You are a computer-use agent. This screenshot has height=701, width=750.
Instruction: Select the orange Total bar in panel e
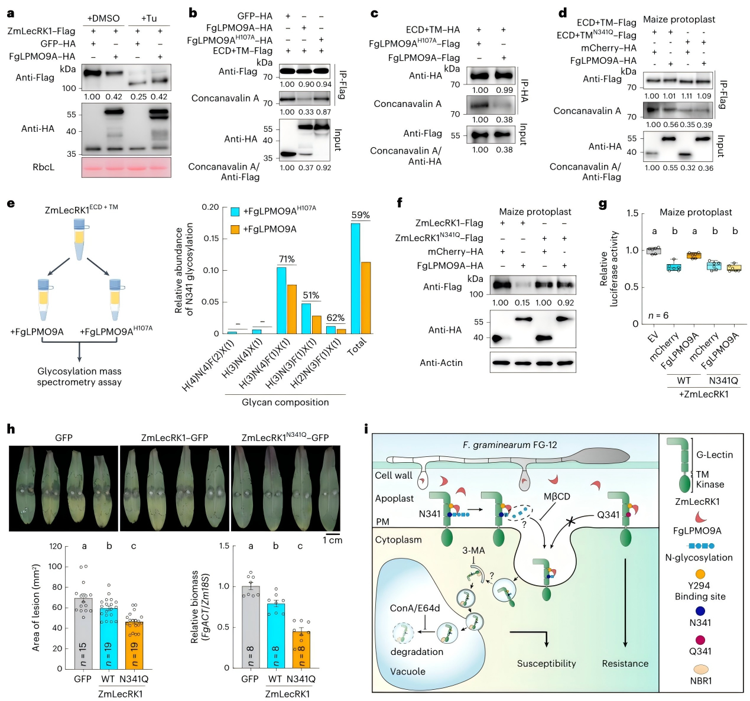(x=366, y=298)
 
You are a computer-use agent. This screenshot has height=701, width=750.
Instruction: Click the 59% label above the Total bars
(x=360, y=215)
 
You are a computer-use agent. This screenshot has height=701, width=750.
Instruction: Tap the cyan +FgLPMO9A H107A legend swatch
(x=235, y=212)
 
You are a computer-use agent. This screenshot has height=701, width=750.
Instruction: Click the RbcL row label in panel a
(x=44, y=167)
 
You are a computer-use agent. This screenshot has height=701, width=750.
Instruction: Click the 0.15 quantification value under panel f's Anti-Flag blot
(x=522, y=303)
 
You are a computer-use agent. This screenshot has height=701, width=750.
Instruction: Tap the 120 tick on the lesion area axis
(x=56, y=546)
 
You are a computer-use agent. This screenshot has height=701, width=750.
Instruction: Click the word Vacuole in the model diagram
(x=408, y=671)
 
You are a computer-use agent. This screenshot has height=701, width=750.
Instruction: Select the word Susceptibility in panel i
(x=546, y=663)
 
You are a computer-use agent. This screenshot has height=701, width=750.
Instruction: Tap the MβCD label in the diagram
(x=557, y=496)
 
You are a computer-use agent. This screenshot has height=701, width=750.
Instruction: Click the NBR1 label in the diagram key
(x=700, y=680)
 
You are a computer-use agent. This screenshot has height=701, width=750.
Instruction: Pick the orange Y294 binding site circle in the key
(x=700, y=574)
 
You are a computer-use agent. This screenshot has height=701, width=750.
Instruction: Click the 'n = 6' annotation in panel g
(x=658, y=316)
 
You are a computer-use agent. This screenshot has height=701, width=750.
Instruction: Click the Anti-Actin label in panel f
(x=441, y=363)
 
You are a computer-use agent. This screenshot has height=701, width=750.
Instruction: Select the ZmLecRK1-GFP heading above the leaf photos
(x=174, y=438)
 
